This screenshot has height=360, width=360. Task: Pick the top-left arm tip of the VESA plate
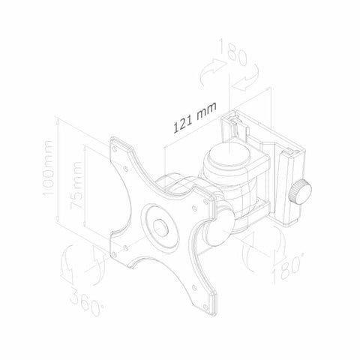click(118, 145)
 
